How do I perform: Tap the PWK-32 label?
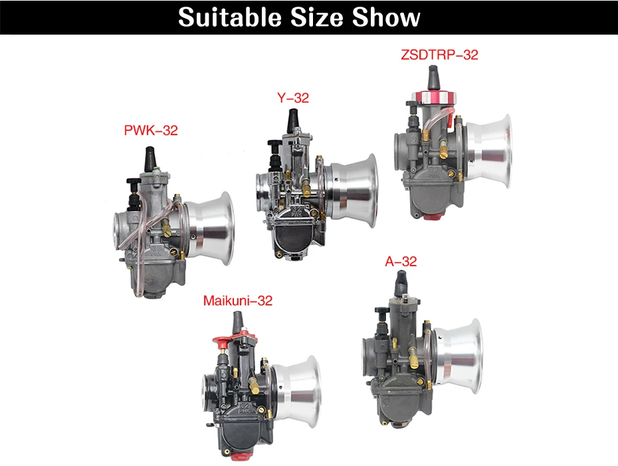click(x=151, y=130)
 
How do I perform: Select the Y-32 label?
click(x=293, y=98)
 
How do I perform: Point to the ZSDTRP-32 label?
click(x=439, y=55)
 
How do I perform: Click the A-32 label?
click(x=401, y=261)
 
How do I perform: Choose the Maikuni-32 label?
click(x=238, y=300)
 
